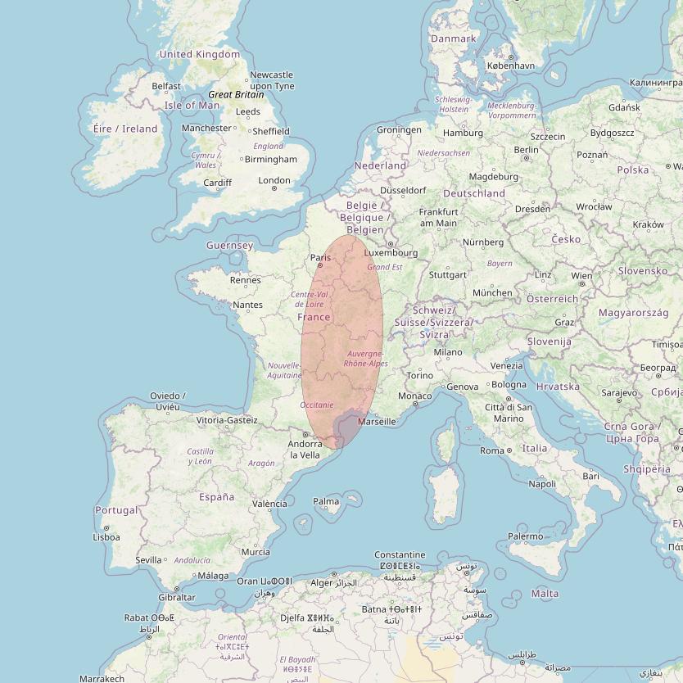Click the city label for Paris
(x=319, y=257)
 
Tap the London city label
(x=274, y=180)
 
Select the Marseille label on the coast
(x=377, y=422)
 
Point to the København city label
(x=510, y=66)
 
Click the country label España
(x=216, y=496)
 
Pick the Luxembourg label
(x=391, y=253)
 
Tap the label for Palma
(x=326, y=501)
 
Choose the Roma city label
(x=491, y=450)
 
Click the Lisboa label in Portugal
(x=106, y=537)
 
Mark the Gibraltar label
(x=178, y=597)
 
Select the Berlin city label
(x=526, y=150)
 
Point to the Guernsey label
(x=229, y=246)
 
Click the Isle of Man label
(x=192, y=105)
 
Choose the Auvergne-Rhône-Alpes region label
(x=365, y=358)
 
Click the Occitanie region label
(x=317, y=405)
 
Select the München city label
(x=492, y=292)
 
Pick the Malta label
(x=545, y=593)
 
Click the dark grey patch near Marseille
(x=346, y=429)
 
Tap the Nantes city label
(x=247, y=305)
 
